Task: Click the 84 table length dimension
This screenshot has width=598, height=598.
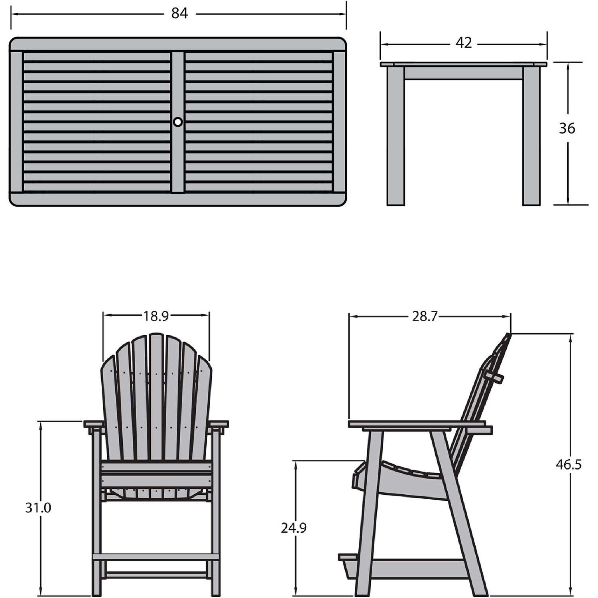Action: (179, 14)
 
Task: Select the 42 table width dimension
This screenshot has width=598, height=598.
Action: (464, 43)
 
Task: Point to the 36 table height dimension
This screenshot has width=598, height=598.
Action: (567, 128)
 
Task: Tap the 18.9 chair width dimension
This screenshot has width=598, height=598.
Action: (156, 316)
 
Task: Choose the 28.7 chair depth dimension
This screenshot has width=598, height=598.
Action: (425, 317)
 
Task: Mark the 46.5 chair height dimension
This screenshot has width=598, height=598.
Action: (569, 464)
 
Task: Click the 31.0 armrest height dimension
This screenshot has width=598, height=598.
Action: (38, 508)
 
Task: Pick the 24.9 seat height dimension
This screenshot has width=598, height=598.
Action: (294, 528)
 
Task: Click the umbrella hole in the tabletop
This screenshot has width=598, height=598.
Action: (178, 122)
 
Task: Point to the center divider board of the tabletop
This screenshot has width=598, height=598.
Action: (178, 159)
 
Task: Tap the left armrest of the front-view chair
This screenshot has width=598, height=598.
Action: (94, 424)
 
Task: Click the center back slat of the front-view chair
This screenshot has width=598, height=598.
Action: (156, 399)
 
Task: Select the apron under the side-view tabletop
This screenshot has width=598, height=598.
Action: (463, 73)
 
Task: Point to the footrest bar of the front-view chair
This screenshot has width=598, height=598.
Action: (156, 557)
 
